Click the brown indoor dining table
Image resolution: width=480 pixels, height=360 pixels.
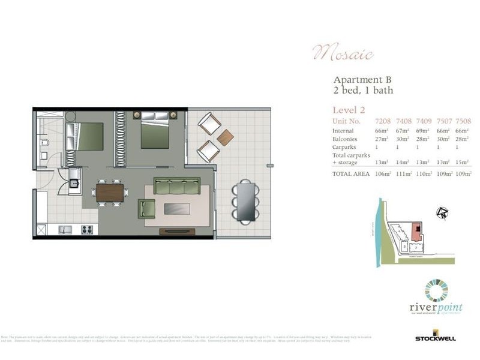[109, 193]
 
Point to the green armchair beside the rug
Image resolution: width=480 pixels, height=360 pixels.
[147, 209]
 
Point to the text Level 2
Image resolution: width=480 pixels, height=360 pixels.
[349, 109]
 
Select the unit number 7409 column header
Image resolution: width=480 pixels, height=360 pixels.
[424, 121]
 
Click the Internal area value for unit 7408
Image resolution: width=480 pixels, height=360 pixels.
[403, 130]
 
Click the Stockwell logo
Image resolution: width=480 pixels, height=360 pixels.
[435, 337]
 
